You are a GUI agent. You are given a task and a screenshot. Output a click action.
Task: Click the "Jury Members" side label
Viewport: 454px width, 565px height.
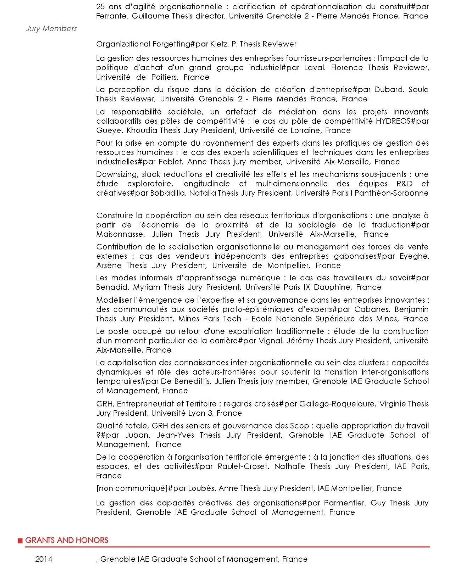[x=51, y=29]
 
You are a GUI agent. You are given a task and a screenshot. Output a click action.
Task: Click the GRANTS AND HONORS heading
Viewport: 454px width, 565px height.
[x=67, y=540]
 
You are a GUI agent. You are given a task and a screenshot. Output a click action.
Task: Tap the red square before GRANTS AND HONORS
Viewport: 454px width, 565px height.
[x=20, y=541]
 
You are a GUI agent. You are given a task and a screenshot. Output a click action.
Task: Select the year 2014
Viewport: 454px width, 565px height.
[x=44, y=559]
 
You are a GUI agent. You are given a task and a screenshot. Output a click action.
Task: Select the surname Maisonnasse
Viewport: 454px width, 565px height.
[x=120, y=234]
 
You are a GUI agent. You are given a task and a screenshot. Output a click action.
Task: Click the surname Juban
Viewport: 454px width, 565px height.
[x=137, y=435]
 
